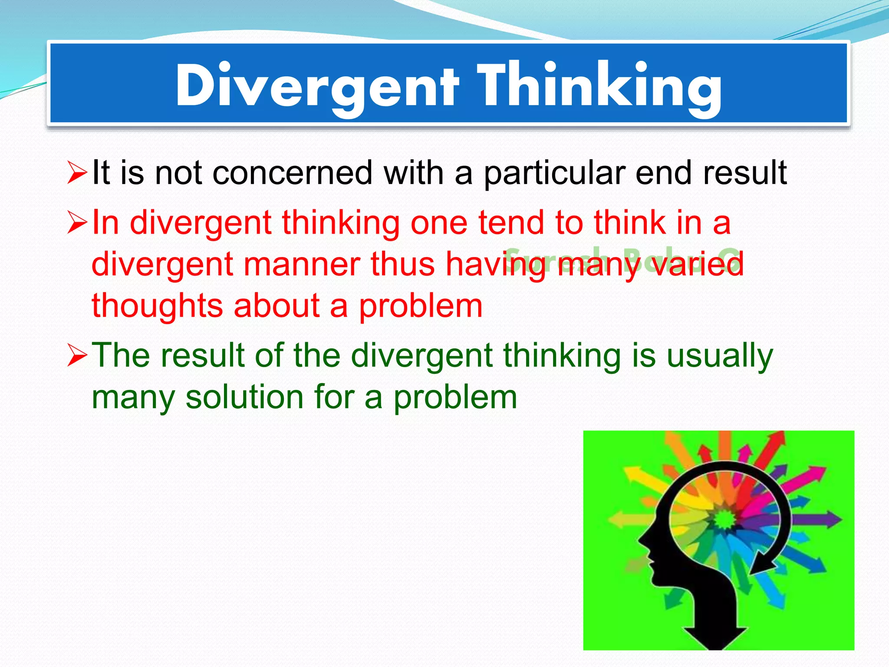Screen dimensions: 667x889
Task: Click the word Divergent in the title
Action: coord(317,86)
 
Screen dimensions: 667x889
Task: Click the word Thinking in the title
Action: coord(599,86)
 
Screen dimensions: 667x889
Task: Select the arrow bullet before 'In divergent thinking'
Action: coord(77,223)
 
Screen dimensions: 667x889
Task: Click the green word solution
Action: coord(244,397)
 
